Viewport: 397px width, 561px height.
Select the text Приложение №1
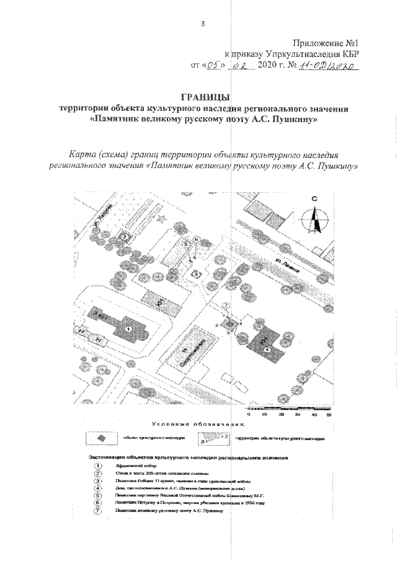tap(329, 43)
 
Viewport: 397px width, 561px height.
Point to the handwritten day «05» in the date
tap(213, 65)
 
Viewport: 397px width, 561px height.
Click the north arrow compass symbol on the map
tap(314, 220)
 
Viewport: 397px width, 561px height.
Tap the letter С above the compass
tap(314, 199)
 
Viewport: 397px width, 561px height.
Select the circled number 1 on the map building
tap(128, 328)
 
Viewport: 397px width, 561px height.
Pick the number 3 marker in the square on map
tap(196, 273)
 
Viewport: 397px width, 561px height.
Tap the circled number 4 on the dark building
tap(267, 350)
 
